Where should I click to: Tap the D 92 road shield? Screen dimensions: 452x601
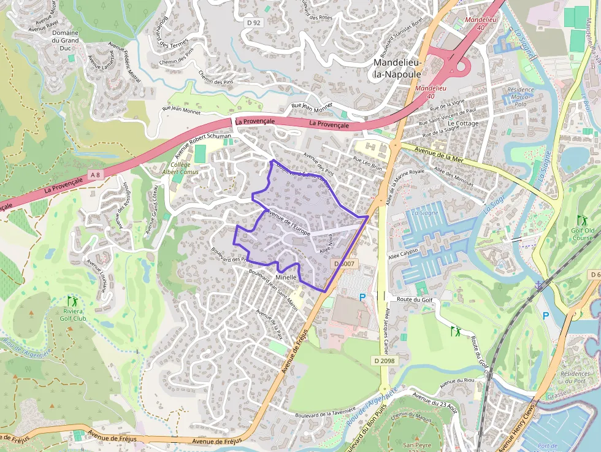point(253,23)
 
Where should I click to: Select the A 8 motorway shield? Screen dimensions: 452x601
point(94,175)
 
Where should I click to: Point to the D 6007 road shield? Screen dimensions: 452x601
point(343,263)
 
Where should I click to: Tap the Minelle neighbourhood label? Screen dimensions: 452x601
point(286,278)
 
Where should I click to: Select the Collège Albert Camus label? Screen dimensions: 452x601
point(176,169)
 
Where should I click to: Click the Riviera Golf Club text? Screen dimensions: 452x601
point(72,314)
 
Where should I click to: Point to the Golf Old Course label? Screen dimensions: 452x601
point(582,234)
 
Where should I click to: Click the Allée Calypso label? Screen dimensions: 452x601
point(402,253)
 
